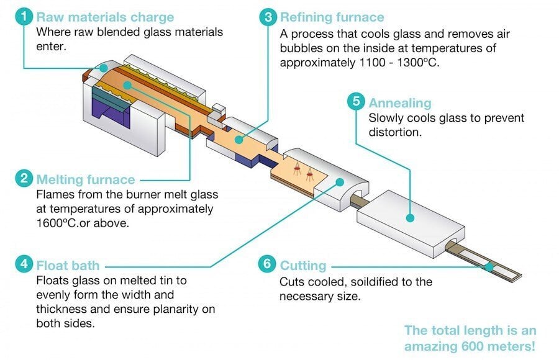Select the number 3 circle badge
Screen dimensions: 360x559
tap(267, 17)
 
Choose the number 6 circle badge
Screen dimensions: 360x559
tap(267, 265)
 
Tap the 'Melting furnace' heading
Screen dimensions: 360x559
tap(86, 180)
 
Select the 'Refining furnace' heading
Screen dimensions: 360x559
tap(332, 17)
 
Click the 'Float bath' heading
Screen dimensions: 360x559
tap(68, 266)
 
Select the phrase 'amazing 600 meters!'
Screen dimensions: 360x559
tap(470, 346)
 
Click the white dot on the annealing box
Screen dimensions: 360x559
tap(409, 217)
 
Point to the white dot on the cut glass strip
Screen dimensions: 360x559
tap(490, 266)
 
